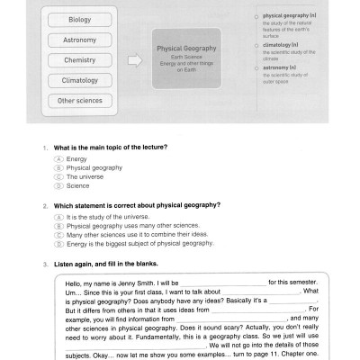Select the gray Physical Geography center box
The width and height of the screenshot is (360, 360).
186,60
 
